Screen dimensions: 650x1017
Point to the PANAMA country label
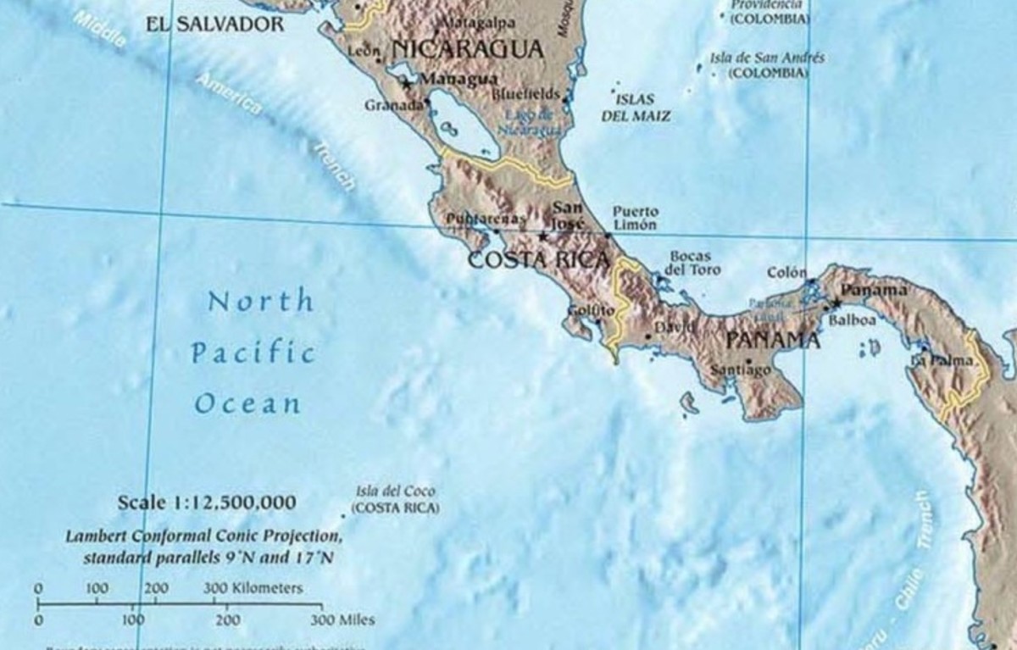pyautogui.click(x=774, y=341)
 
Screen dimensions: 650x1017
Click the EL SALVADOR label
pyautogui.click(x=215, y=25)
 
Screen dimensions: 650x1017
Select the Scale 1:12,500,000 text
pyautogui.click(x=207, y=503)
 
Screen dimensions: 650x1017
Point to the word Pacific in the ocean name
pyautogui.click(x=253, y=353)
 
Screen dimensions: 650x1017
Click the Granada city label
pyautogui.click(x=393, y=106)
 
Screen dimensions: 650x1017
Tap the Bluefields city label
pyautogui.click(x=525, y=94)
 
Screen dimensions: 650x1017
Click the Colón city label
pyautogui.click(x=787, y=273)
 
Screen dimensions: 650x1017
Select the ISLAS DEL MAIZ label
pyautogui.click(x=636, y=108)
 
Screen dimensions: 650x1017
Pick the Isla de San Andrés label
pyautogui.click(x=767, y=58)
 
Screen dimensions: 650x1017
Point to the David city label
pyautogui.click(x=670, y=326)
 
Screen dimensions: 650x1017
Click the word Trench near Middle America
pyautogui.click(x=335, y=166)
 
